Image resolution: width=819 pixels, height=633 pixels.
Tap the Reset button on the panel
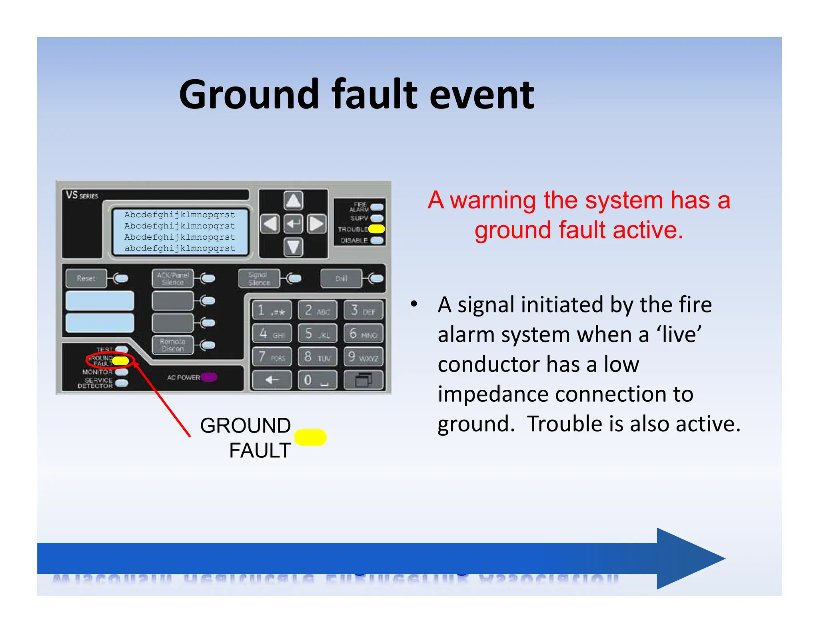[x=86, y=278]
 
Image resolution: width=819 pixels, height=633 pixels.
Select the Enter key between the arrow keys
[x=293, y=223]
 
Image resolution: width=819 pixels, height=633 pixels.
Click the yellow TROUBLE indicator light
[x=376, y=229]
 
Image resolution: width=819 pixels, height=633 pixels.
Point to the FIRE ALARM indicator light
[x=377, y=207]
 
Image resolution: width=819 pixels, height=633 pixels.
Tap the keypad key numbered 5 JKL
[x=318, y=333]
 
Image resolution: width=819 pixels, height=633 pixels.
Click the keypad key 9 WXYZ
[x=363, y=357]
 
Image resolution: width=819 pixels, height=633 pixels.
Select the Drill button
[x=341, y=278]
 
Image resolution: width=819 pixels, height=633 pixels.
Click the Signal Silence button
[x=259, y=278]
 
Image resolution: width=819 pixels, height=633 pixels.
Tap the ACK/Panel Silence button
[x=172, y=278]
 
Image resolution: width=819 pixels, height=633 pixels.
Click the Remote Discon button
[x=172, y=345]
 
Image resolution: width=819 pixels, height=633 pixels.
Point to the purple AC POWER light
[x=209, y=377]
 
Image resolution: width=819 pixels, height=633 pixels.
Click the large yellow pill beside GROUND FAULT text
[x=310, y=437]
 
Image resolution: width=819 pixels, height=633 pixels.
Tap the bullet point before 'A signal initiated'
[x=414, y=304]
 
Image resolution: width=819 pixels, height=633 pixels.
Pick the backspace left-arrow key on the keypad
[x=272, y=380]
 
